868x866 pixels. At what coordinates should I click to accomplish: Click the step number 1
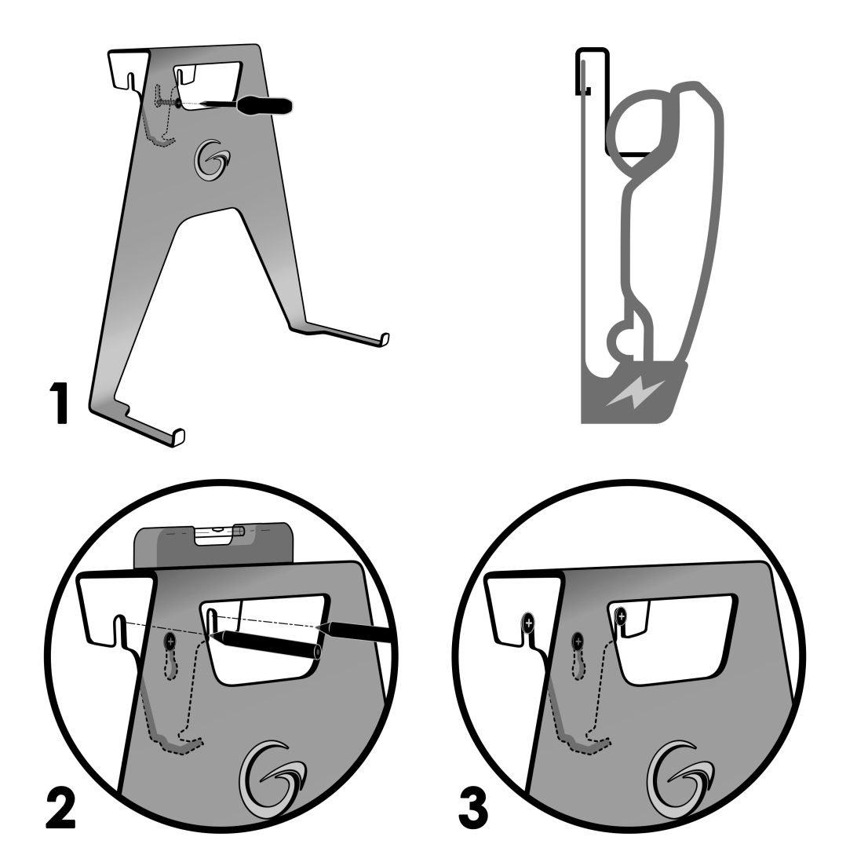pos(59,403)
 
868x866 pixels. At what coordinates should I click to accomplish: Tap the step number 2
pos(61,808)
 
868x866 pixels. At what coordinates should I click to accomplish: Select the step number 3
pos(474,809)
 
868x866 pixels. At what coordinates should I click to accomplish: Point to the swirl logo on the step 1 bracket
pos(211,159)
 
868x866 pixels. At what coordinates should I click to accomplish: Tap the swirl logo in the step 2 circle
pos(272,779)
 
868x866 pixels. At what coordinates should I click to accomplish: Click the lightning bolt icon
pos(635,392)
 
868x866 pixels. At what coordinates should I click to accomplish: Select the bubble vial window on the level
pos(219,535)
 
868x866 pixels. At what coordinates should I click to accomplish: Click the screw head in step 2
pos(170,642)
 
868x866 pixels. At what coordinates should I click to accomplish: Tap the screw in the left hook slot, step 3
pos(529,623)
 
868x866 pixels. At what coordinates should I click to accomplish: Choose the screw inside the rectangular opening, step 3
pos(621,616)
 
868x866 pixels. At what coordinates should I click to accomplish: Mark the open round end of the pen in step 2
pos(317,652)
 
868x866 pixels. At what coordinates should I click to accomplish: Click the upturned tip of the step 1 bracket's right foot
pos(385,339)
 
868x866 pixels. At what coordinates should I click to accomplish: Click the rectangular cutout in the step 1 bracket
pos(208,86)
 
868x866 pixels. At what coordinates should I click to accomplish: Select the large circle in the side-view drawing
pos(643,125)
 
